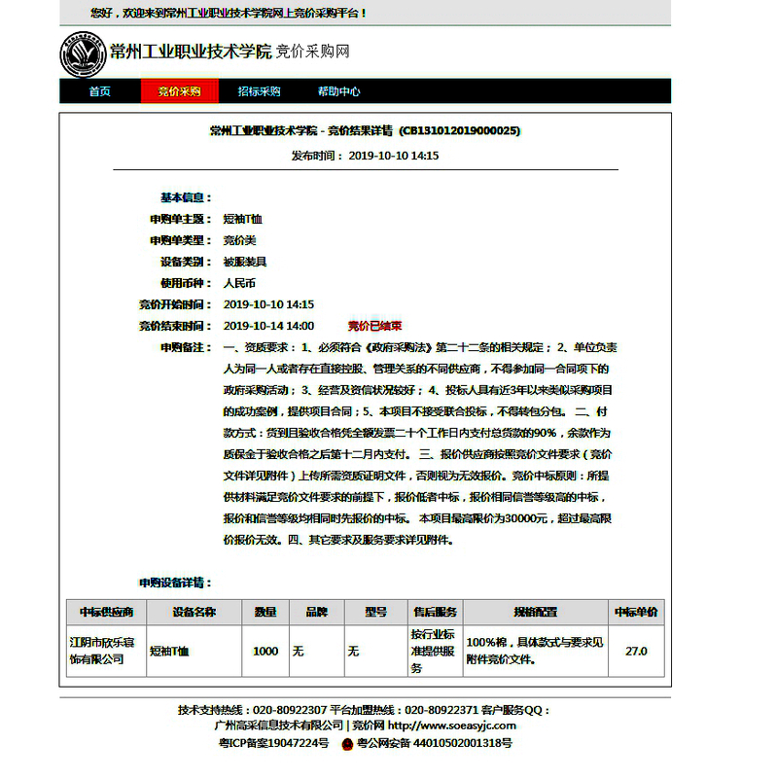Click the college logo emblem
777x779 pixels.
pos(82,53)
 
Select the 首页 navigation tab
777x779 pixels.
pos(99,91)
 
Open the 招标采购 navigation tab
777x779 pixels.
pos(259,91)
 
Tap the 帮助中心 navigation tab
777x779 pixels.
pos(338,91)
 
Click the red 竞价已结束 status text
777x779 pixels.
pos(374,326)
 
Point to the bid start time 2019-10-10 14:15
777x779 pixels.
pos(268,304)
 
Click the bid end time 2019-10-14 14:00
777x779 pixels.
pos(268,326)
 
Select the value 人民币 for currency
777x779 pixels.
pos(239,283)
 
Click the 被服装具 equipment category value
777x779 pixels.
pos(244,262)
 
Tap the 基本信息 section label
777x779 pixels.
pos(186,197)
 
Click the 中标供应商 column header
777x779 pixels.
pos(106,612)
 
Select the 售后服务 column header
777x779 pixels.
pos(433,612)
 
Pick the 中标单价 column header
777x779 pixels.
pos(636,612)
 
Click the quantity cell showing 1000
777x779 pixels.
pos(265,651)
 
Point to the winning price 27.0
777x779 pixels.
pos(636,651)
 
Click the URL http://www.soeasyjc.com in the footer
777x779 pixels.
pos(452,725)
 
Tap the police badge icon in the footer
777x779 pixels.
pos(346,743)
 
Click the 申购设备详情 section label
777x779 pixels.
pos(175,583)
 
